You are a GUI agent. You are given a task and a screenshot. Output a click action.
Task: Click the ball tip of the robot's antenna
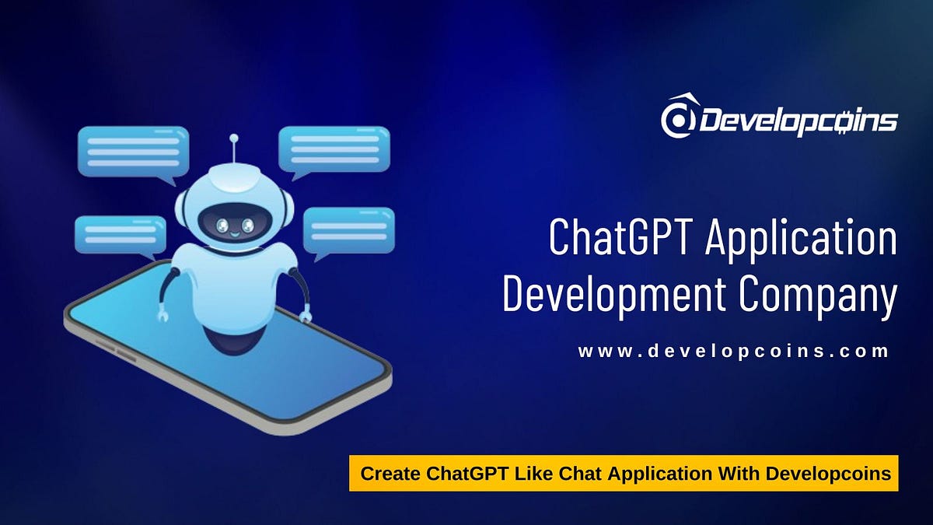pyautogui.click(x=232, y=138)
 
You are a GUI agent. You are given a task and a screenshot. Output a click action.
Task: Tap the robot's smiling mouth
pyautogui.click(x=233, y=233)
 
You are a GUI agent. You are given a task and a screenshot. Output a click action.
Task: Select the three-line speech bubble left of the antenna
pyautogui.click(x=133, y=152)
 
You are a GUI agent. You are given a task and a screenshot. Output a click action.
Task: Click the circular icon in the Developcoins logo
pyautogui.click(x=676, y=118)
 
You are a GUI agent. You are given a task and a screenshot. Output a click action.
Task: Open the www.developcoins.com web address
pyautogui.click(x=733, y=352)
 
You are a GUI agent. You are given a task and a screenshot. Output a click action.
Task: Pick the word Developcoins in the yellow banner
pyautogui.click(x=830, y=474)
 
